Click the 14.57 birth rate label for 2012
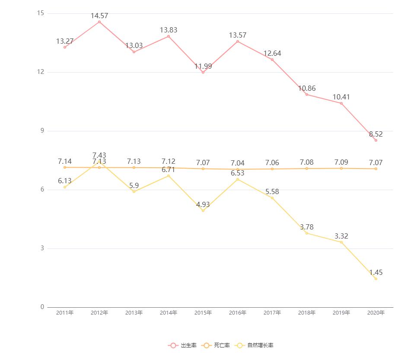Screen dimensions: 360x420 click(99, 16)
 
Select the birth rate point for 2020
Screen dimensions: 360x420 click(375, 140)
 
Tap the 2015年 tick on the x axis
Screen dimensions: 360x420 click(203, 313)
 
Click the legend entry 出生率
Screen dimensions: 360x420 click(183, 345)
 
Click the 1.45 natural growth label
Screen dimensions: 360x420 click(375, 273)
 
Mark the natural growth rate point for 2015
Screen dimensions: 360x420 click(203, 210)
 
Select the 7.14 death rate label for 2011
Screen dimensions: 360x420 click(65, 161)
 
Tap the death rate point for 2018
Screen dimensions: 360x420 click(307, 169)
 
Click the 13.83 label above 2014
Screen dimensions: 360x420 click(169, 30)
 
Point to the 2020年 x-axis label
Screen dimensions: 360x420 click(375, 313)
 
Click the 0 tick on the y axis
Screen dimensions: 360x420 click(42, 307)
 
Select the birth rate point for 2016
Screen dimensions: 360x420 click(238, 41)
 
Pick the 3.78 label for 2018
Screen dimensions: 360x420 click(307, 227)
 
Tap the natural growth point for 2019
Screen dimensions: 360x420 click(341, 242)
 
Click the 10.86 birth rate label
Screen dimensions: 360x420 click(307, 89)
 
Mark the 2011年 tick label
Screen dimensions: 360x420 click(65, 313)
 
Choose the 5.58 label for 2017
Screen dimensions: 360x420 click(272, 192)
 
